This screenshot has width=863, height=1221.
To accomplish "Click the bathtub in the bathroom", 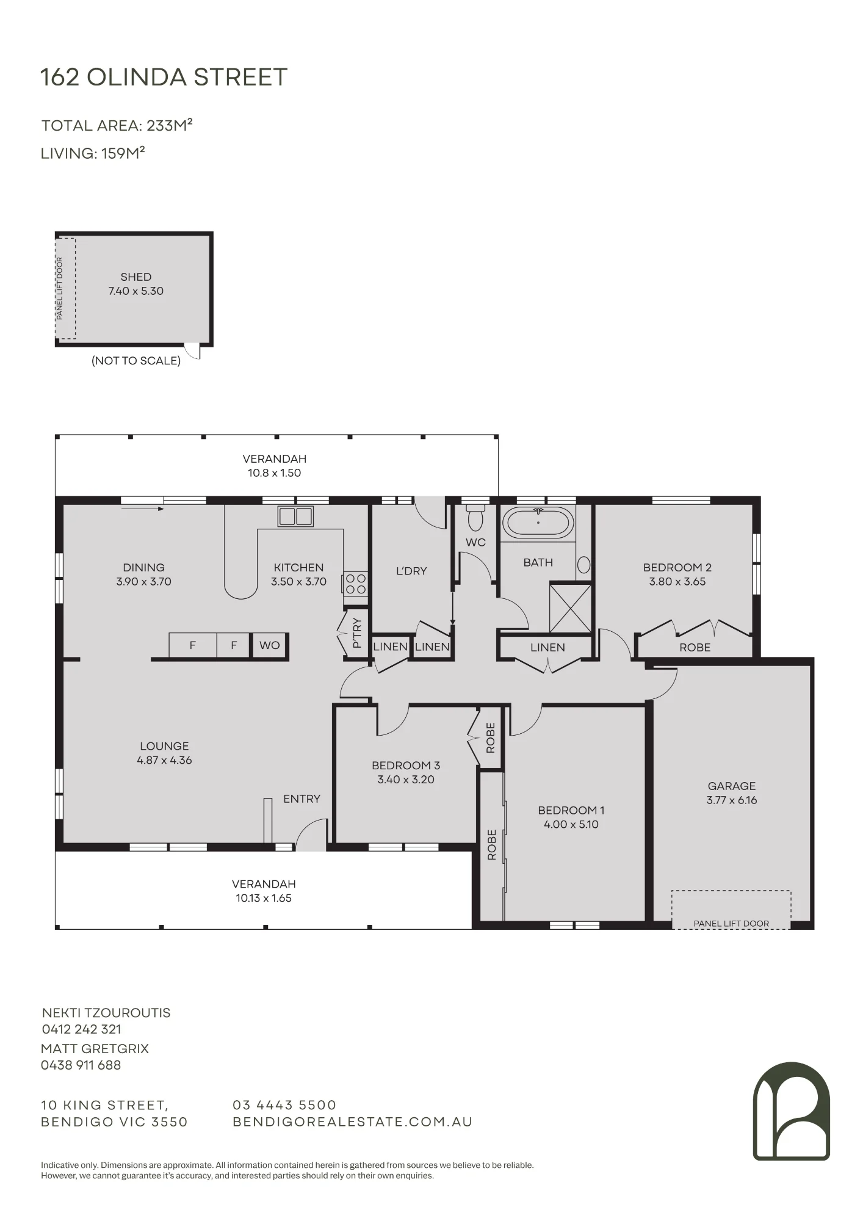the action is (x=538, y=523).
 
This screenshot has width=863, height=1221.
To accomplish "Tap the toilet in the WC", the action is (x=475, y=518).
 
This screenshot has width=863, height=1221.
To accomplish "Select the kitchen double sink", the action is (x=295, y=516).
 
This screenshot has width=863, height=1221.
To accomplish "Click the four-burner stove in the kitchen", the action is (x=355, y=583).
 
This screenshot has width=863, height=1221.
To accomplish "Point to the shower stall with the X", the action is (x=571, y=608).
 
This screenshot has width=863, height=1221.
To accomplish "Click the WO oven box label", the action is (x=270, y=645).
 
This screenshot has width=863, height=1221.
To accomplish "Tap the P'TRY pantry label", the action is (x=357, y=633).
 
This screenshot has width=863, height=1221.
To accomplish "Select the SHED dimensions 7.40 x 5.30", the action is (x=136, y=291).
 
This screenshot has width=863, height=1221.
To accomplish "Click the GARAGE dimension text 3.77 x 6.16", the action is (x=732, y=800).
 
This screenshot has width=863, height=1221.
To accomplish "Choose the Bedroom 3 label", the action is (x=406, y=766).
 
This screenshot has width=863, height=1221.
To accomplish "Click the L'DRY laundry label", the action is (x=411, y=571).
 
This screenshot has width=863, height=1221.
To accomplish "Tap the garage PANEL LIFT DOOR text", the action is (x=731, y=924).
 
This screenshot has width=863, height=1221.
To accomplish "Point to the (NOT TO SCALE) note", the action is (x=136, y=361).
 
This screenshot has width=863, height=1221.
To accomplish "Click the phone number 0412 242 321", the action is (x=82, y=1029).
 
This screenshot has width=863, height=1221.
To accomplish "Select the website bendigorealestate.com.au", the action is (x=353, y=1122).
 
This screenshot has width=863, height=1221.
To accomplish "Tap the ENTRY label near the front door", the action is (x=302, y=799).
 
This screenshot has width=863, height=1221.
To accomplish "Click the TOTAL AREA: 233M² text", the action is (x=117, y=125).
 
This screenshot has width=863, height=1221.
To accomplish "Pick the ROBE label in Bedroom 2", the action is (x=695, y=648).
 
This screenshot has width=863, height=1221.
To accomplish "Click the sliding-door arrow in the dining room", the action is (x=143, y=509).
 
